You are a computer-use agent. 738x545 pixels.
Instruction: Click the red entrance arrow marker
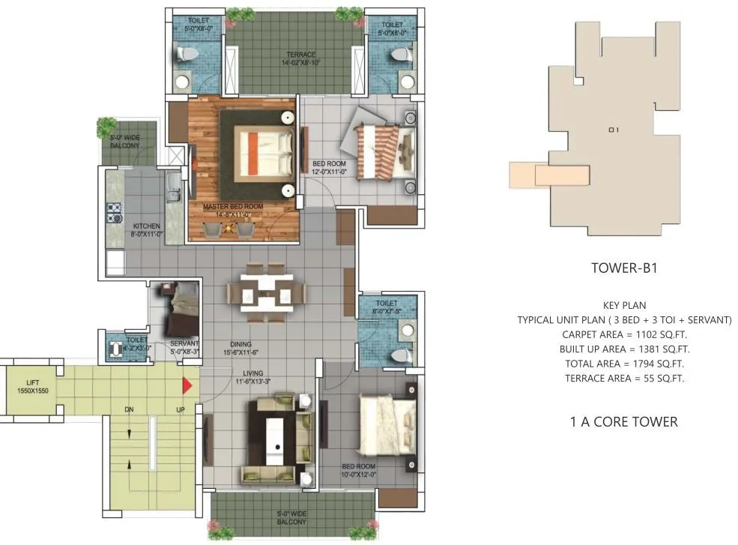point(188,385)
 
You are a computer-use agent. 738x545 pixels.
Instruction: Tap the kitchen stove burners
point(115,213)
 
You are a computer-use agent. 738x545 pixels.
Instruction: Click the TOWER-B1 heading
point(623,268)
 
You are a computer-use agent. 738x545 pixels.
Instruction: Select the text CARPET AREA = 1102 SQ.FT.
point(624,334)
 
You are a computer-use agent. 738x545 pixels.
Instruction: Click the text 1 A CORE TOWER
point(624,422)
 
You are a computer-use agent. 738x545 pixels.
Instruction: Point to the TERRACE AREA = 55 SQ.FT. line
point(624,378)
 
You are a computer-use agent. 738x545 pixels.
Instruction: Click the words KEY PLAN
point(624,305)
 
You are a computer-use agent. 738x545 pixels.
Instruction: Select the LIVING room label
point(252,373)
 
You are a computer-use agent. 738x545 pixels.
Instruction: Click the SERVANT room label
point(184,344)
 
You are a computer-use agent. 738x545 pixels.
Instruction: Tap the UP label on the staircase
point(180,409)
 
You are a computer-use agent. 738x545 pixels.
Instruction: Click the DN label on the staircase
point(128,409)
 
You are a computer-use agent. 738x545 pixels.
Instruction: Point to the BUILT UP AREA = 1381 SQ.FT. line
point(624,349)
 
